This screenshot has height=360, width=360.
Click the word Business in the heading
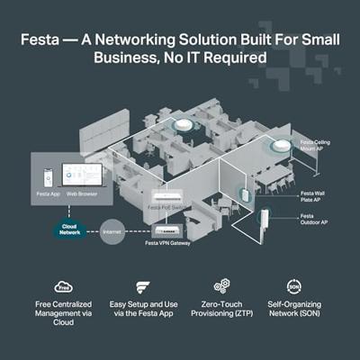(x=124, y=56)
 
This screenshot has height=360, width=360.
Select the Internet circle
(x=112, y=230)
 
